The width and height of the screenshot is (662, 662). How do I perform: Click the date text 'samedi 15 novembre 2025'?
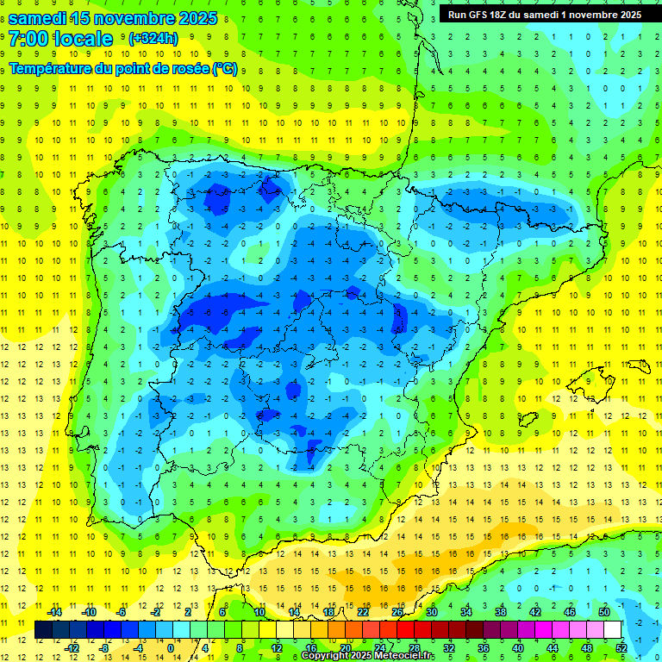click(x=113, y=18)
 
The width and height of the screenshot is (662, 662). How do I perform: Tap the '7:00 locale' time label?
click(x=60, y=39)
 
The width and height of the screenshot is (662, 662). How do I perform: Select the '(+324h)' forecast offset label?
click(x=153, y=39)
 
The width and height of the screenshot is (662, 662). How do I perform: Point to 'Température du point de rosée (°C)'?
click(x=123, y=69)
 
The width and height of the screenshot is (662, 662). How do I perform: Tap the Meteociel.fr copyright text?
click(x=368, y=656)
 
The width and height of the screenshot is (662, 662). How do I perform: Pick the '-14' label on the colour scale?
click(x=53, y=612)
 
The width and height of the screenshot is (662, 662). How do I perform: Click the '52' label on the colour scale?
click(x=621, y=648)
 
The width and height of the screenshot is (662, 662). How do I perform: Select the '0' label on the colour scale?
click(x=171, y=648)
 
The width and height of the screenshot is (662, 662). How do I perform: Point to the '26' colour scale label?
click(x=397, y=612)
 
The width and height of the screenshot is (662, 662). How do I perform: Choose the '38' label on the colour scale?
click(x=501, y=612)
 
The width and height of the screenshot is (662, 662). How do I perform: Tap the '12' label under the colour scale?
click(x=276, y=648)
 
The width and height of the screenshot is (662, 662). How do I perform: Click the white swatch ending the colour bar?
click(x=612, y=630)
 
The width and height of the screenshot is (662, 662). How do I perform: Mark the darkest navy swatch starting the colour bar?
click(x=43, y=630)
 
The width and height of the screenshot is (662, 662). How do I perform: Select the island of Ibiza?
click(x=523, y=420)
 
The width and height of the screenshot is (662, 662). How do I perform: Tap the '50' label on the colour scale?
click(x=604, y=612)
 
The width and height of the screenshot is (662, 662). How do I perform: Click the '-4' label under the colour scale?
click(x=137, y=648)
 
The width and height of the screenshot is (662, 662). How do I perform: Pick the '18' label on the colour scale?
click(x=328, y=612)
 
